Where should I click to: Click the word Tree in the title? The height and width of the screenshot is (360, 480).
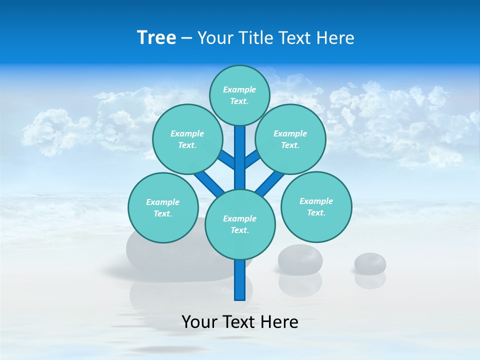[x=156, y=37]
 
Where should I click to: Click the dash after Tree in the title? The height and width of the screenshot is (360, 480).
[x=186, y=38]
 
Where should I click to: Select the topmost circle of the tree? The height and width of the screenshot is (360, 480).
[x=239, y=95]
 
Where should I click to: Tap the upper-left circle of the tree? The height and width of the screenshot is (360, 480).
[x=187, y=139]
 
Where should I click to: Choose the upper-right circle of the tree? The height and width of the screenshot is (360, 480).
[x=290, y=139]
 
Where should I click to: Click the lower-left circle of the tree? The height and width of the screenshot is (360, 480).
[x=163, y=207]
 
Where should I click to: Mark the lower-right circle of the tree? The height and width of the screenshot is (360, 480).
[x=316, y=206]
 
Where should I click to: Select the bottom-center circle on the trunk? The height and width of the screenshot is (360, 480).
[x=240, y=224]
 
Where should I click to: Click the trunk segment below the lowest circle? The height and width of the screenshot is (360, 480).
[x=240, y=280]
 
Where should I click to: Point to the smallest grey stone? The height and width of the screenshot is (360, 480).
[x=370, y=263]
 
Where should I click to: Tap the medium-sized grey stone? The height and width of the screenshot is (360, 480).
[x=300, y=259]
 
